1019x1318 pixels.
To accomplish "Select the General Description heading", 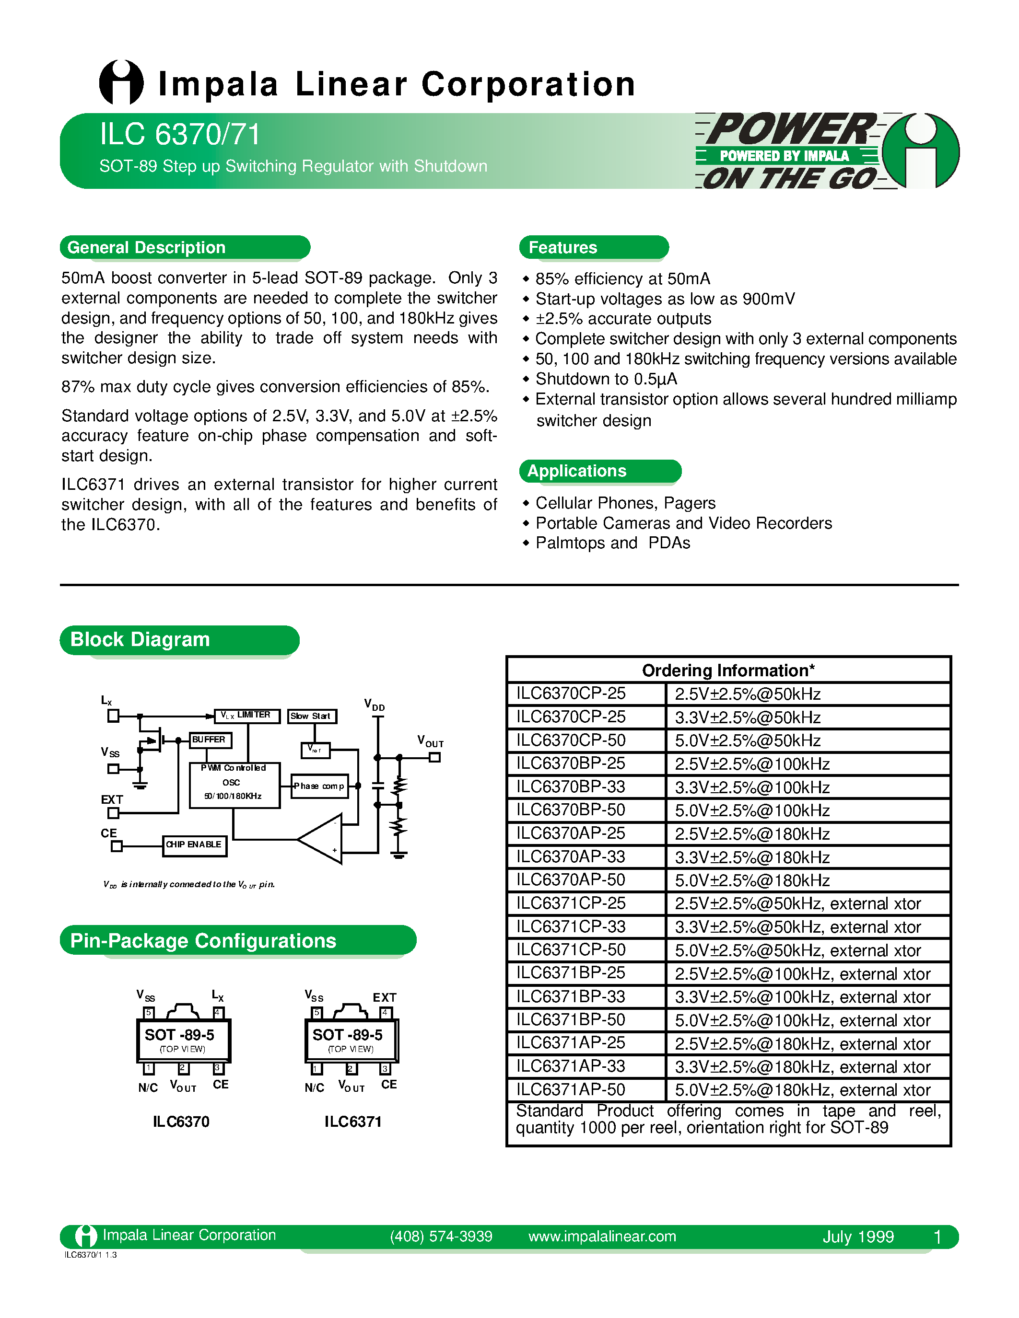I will pos(147,247).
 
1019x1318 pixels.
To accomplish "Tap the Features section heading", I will pos(562,247).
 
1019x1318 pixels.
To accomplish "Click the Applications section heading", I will pos(576,471).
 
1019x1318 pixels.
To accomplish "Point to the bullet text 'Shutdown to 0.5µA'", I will pos(606,379).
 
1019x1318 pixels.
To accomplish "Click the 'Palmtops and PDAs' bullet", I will pos(612,543).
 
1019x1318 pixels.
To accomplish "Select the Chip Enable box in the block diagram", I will pos(194,845).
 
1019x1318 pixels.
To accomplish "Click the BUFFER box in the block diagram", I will pos(209,740).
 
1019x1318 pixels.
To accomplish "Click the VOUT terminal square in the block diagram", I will pos(434,757).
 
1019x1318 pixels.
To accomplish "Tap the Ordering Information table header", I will pos(728,671).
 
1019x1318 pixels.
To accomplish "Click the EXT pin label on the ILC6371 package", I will pos(385,997).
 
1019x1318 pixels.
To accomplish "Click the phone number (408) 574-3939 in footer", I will pos(441,1237).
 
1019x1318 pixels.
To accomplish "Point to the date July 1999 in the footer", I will pos(858,1237).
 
